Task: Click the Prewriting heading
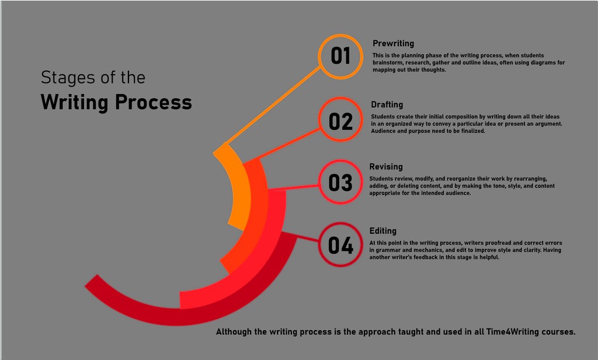click(393, 43)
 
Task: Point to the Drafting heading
click(387, 105)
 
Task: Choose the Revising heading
click(386, 167)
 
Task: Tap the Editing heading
click(383, 231)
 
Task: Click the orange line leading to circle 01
click(274, 105)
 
